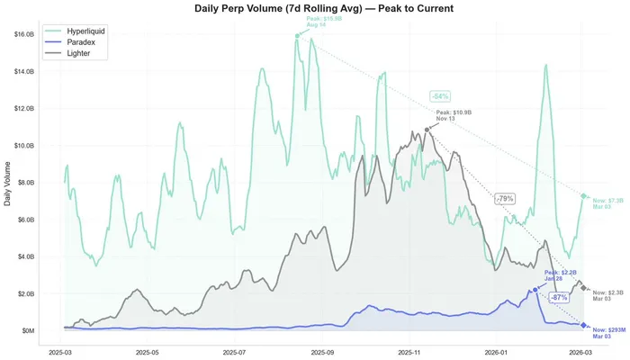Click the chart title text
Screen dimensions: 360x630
coord(314,8)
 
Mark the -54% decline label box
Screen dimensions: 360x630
coord(440,95)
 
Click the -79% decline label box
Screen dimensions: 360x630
coord(505,198)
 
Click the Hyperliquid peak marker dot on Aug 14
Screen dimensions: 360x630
coord(298,36)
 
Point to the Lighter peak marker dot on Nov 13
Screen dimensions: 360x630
coord(427,130)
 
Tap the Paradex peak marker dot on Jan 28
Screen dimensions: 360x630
coord(535,289)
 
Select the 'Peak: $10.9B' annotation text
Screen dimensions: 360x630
coord(454,112)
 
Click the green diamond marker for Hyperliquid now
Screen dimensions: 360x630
coord(583,195)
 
